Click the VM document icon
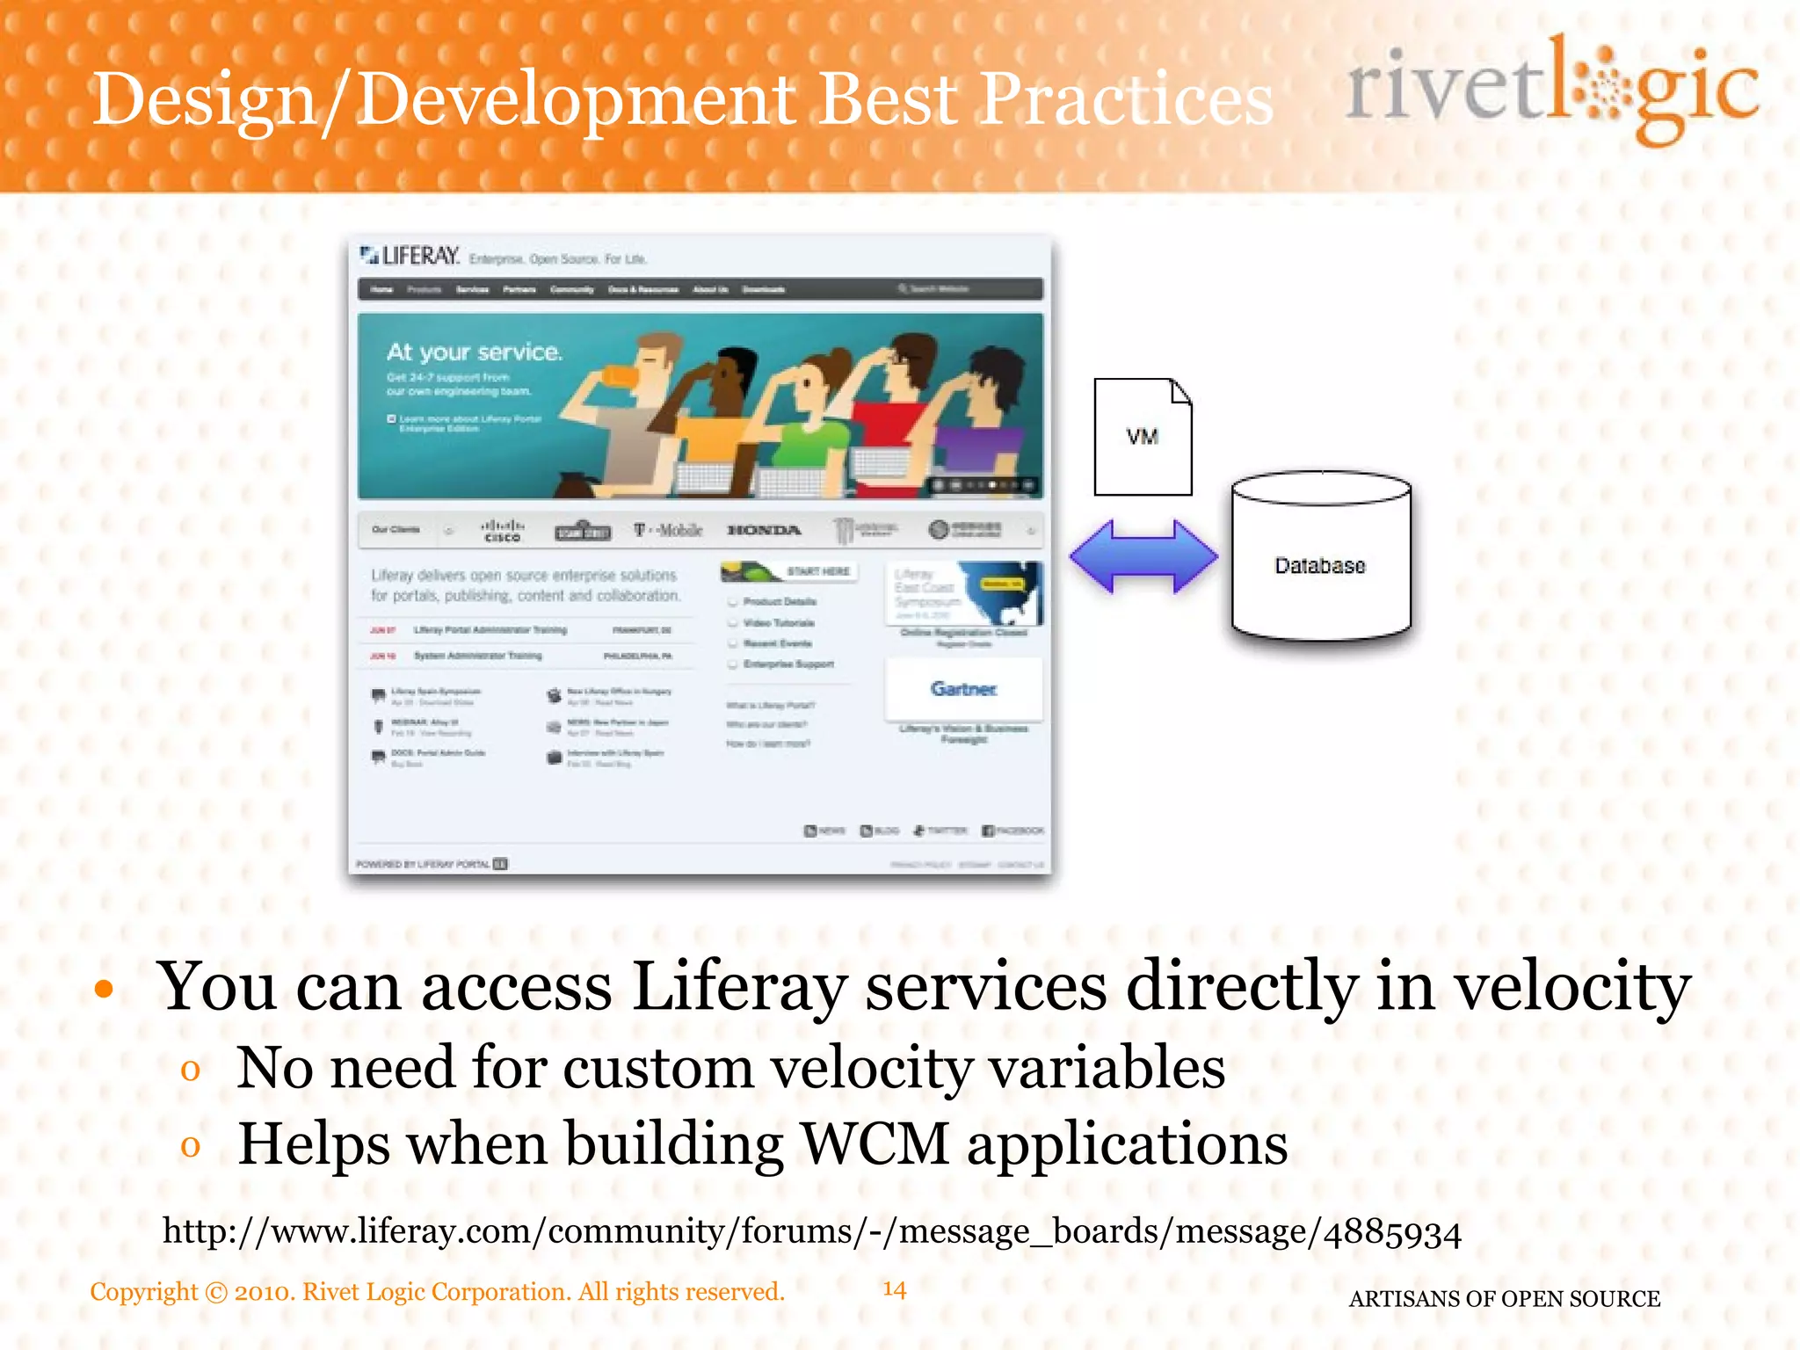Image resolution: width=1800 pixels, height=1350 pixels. pos(1143,437)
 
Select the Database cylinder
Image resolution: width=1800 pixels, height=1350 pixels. pos(1321,558)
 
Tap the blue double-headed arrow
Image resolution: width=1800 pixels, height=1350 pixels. pos(1143,556)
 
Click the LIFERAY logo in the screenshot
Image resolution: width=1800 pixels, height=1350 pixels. pos(410,256)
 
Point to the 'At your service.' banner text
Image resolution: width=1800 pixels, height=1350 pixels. pos(475,352)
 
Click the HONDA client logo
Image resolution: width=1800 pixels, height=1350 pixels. pos(764,530)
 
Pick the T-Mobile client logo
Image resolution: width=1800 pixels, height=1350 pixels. pos(669,530)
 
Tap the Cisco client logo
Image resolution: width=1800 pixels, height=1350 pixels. pos(503,530)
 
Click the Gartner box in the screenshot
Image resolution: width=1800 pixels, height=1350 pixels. pos(964,689)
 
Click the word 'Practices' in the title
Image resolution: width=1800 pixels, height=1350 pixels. pos(1126,98)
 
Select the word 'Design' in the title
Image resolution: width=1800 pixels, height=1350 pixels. pos(204,100)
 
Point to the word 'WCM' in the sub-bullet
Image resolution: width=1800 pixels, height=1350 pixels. pos(875,1144)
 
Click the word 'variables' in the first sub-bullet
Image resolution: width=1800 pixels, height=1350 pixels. pos(1107,1069)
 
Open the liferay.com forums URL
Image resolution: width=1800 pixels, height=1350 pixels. pos(811,1231)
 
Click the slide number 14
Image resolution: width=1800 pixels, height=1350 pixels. pos(894,1289)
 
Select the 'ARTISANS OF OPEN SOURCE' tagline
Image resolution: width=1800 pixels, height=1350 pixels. pos(1504,1298)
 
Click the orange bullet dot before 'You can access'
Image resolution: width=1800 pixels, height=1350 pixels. pos(105,990)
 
